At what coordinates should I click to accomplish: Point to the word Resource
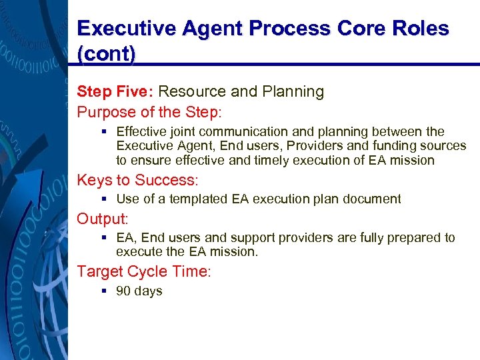(x=193, y=91)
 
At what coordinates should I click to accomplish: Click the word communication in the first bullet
(x=243, y=132)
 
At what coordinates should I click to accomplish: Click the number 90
(x=123, y=291)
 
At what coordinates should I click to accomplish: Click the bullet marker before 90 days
(x=105, y=291)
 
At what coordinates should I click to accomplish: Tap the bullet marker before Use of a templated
(x=105, y=199)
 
